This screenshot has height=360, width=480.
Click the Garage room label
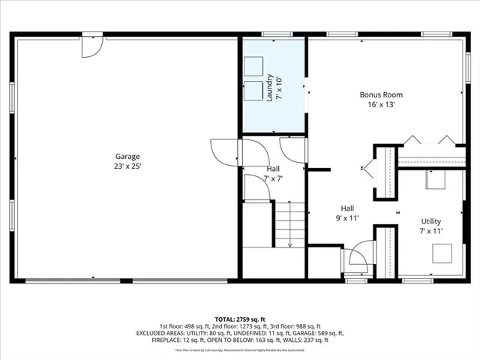pos(127,157)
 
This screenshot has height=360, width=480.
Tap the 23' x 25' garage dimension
pos(127,167)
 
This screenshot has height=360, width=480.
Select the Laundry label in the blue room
pos(268,88)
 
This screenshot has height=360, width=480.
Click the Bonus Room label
pos(381,95)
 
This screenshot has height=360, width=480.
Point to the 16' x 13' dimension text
pos(381,105)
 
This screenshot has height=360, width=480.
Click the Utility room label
pos(431,221)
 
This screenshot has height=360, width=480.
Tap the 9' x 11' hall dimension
pos(347,218)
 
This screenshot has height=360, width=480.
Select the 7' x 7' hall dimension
pos(273,178)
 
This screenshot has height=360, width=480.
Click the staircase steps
pos(290,224)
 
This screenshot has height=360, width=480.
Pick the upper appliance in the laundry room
pos(253,64)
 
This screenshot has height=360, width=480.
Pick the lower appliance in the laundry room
pos(253,91)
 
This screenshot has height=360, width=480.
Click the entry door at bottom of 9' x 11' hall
pos(359,259)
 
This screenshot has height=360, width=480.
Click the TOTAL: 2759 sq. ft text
pos(240,319)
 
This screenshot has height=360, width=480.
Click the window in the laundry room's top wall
pos(275,34)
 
